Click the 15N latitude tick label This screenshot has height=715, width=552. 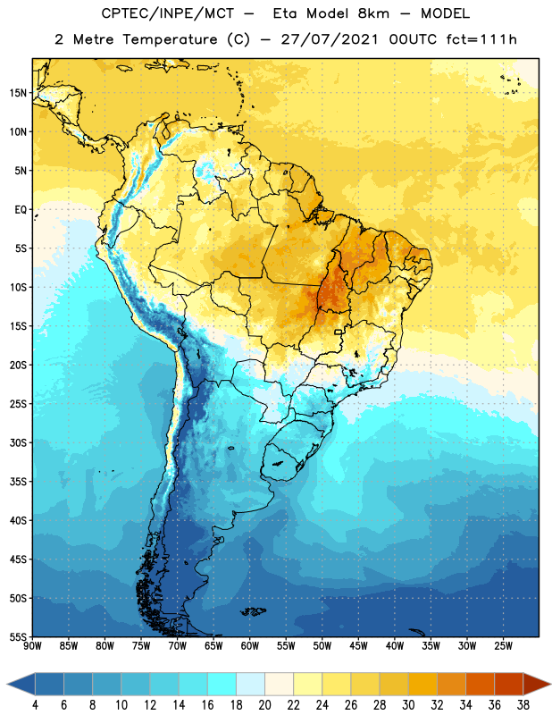click(18, 93)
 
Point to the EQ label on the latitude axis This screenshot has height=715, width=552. click(21, 210)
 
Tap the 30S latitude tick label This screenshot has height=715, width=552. click(18, 442)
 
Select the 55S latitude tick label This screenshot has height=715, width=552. click(18, 636)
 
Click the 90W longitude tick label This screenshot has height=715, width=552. click(32, 646)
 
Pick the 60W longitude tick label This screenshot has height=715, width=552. click(250, 646)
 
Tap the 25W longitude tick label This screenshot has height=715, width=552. click(503, 646)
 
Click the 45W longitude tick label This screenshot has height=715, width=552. click(358, 646)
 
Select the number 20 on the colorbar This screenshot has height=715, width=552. click(264, 705)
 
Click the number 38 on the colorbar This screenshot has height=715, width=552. click(523, 705)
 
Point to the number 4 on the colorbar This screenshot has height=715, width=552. click(35, 705)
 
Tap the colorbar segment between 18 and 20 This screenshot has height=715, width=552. click(250, 684)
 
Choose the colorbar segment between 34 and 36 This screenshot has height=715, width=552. click(480, 684)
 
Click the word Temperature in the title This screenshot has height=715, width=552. click(170, 39)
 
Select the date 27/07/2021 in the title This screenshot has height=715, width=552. click(329, 39)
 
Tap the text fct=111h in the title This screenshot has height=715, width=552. click(481, 39)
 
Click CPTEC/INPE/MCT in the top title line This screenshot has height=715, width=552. click(168, 13)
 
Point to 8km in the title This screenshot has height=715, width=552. click(373, 13)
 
